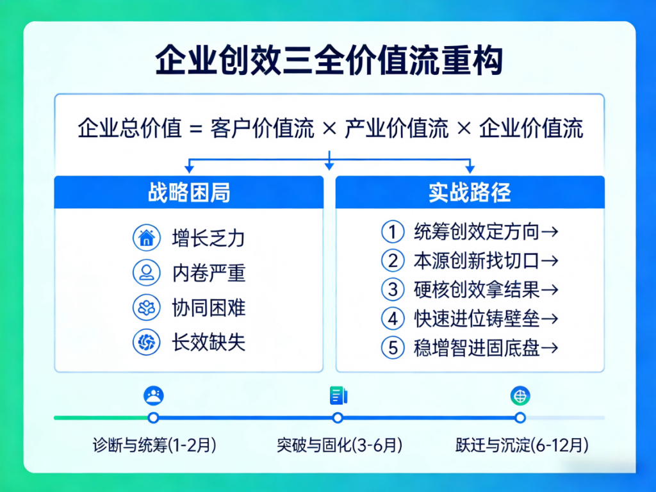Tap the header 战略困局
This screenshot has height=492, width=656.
[x=189, y=193]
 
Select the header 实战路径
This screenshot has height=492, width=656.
[x=470, y=193]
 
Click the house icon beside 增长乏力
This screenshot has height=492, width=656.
[x=146, y=238]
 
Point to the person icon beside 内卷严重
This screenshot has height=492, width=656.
[x=146, y=273]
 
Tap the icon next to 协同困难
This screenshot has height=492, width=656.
[x=146, y=307]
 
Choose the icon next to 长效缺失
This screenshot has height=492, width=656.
[x=146, y=342]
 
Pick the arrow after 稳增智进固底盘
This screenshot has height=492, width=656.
[x=550, y=348]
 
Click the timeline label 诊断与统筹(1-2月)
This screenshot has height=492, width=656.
[x=154, y=445]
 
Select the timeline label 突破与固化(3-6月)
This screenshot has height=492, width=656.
[x=340, y=445]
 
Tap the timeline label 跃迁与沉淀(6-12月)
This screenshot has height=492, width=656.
[x=522, y=445]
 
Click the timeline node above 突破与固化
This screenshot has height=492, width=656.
[x=338, y=418]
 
